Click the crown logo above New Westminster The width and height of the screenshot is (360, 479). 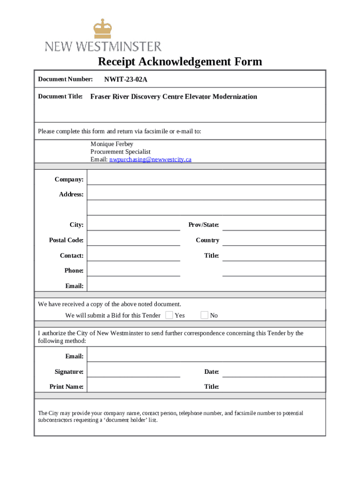tap(103, 29)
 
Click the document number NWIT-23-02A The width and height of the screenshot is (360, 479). tap(126, 80)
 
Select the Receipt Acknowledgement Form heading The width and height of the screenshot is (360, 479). tap(180, 62)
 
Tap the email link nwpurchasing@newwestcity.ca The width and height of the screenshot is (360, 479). tap(150, 160)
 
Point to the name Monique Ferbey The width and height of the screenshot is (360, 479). tap(112, 144)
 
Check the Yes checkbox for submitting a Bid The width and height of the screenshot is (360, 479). tap(169, 315)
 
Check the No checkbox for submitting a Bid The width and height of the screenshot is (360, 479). tap(204, 315)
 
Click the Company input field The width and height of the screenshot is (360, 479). tap(206, 179)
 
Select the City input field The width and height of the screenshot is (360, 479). tap(133, 225)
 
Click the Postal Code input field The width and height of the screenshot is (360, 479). tap(133, 240)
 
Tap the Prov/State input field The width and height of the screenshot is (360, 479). tap(273, 225)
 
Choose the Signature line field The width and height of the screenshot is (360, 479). tap(133, 371)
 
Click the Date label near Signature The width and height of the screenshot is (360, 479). tap(211, 372)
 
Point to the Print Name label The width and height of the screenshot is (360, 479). tap(66, 387)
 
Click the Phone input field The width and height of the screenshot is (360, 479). tap(133, 270)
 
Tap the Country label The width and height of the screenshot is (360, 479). tap(207, 240)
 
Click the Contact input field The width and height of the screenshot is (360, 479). tap(133, 255)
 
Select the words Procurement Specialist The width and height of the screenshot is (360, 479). tap(120, 152)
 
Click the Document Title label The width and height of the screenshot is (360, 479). tap(60, 97)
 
